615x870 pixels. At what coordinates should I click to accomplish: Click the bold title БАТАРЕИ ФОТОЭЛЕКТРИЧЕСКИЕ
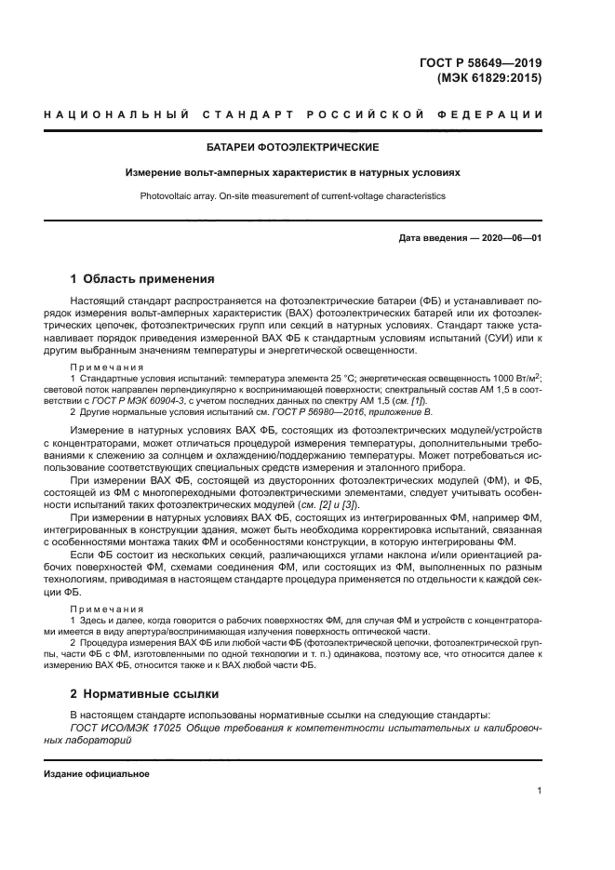[x=293, y=147]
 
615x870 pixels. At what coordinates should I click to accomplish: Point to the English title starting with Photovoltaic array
[x=293, y=196]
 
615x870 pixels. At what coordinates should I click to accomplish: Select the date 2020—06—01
[x=510, y=238]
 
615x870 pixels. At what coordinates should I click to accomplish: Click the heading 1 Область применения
[x=143, y=278]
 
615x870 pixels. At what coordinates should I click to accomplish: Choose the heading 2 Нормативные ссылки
[x=145, y=693]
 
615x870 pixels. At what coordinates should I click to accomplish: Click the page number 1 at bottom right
[x=539, y=792]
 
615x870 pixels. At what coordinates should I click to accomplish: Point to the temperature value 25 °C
[x=321, y=379]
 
